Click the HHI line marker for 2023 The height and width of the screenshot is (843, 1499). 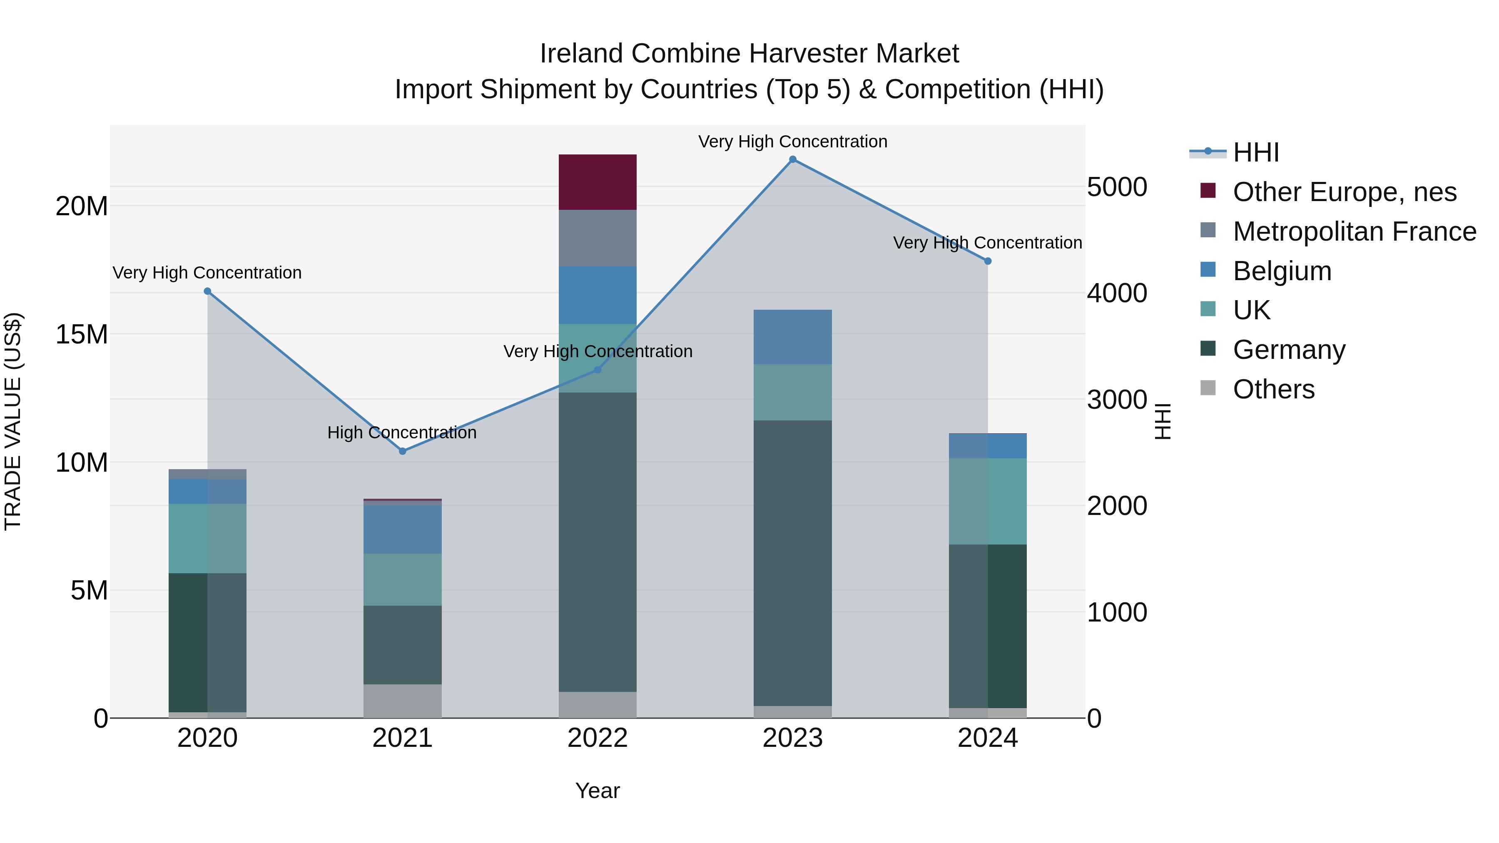coord(792,159)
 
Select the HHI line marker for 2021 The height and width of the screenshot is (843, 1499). coord(403,451)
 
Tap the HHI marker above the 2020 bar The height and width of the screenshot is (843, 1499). coord(208,291)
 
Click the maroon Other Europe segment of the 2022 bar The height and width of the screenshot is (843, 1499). coord(598,182)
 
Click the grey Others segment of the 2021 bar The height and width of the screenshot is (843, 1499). coord(403,701)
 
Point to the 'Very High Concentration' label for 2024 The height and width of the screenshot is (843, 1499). coord(988,243)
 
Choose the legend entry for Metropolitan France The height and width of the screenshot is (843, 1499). coord(1354,231)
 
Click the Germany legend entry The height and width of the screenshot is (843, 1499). coord(1289,350)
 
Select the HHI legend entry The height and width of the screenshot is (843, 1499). coord(1256,152)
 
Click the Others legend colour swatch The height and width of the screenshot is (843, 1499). coord(1208,388)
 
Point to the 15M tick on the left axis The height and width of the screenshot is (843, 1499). coord(82,335)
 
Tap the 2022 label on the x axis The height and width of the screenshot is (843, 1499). coord(598,738)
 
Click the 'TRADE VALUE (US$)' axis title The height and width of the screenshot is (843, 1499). coord(13,421)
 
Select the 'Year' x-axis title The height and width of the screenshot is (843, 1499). coord(598,791)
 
